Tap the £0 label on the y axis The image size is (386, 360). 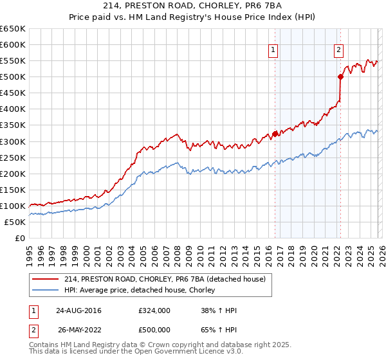coord(20,238)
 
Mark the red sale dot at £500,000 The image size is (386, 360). coord(340,77)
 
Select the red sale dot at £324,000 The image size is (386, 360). coord(275,134)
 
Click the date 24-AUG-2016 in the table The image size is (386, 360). coord(78,310)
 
